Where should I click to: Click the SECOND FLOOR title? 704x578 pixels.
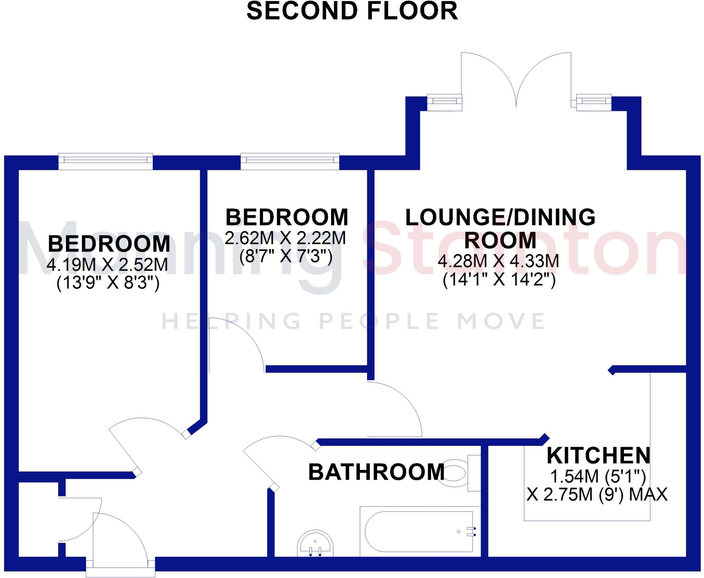coord(352,11)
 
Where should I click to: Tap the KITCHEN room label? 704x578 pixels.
coord(598,456)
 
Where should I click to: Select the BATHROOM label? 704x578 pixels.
coord(376,472)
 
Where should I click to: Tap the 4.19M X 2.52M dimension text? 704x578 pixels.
coord(107,265)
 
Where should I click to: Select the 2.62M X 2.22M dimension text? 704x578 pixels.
coord(285,238)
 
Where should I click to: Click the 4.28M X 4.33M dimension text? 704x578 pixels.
coord(498,261)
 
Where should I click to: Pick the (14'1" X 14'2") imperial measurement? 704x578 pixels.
coord(499,280)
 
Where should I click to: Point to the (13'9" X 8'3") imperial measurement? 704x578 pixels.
coord(108,284)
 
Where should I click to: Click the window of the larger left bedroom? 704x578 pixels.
coord(106,160)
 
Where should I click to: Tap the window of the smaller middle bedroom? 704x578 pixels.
coord(290,160)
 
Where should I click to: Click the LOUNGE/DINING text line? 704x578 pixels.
coord(500,217)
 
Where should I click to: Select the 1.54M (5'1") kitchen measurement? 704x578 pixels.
coord(598,476)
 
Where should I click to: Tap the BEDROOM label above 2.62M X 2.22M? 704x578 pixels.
coord(287,217)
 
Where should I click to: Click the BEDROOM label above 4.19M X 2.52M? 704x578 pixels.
coord(109,244)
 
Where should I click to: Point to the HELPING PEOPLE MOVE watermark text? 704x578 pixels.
coord(353,321)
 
